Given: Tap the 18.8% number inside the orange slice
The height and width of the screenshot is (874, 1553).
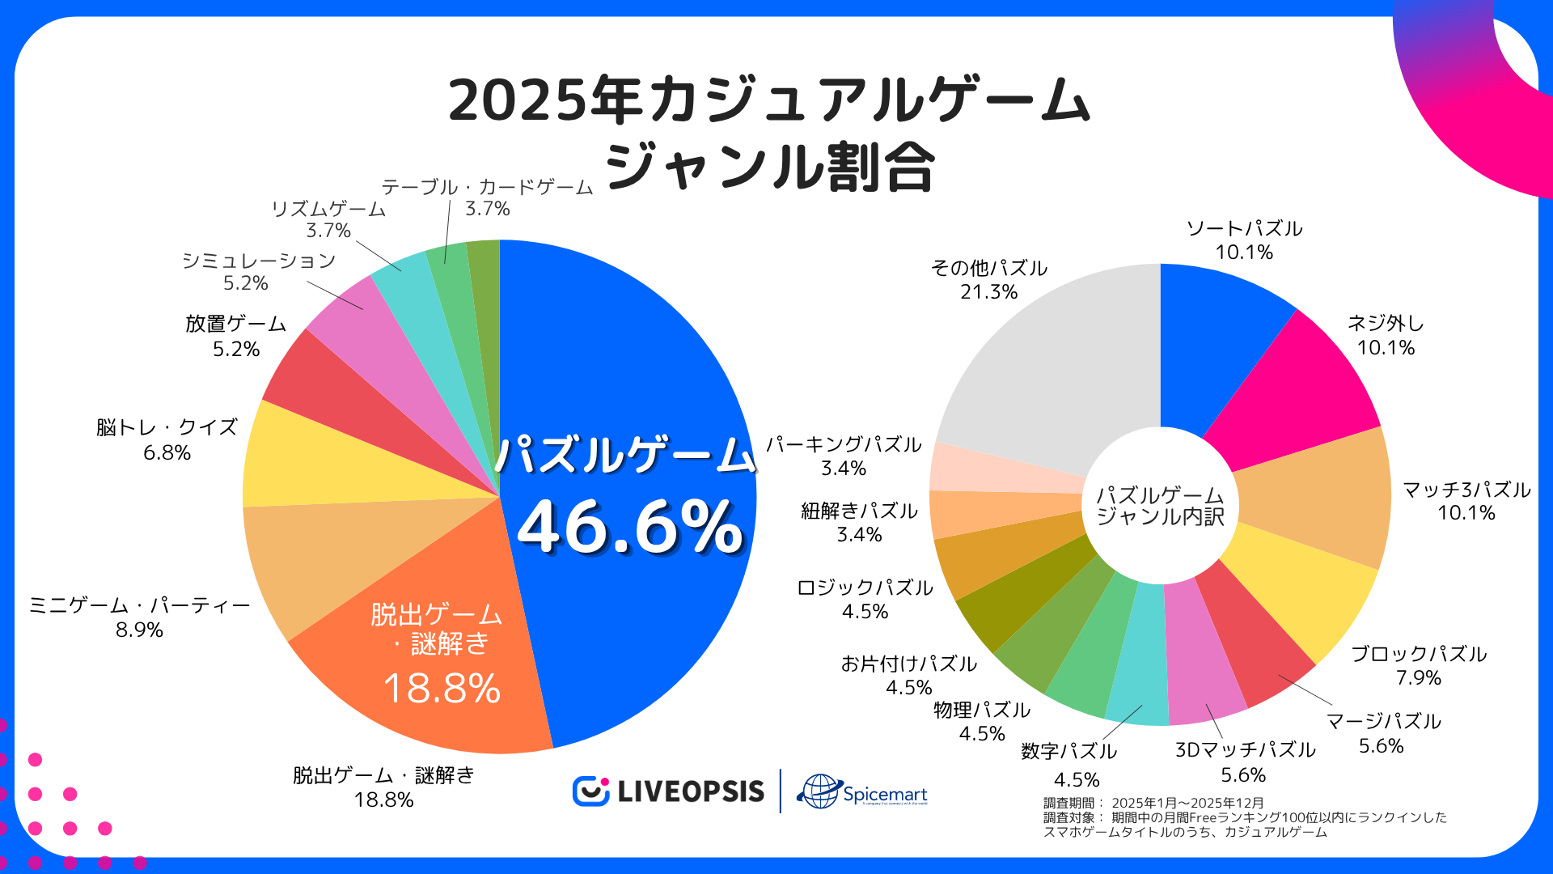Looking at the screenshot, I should [442, 689].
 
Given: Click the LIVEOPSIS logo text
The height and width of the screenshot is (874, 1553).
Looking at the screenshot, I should [690, 791].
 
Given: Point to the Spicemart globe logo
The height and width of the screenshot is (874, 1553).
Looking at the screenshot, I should [819, 791].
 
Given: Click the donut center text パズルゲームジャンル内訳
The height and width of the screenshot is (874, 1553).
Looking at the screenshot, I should [1160, 506].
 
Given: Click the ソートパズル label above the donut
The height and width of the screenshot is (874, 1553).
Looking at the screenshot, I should [1244, 228].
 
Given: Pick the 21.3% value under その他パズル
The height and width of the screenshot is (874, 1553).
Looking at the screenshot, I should [988, 292].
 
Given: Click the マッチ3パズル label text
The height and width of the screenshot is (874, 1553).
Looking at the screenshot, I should [1466, 490].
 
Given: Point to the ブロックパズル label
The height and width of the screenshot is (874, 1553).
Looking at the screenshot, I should [1419, 654].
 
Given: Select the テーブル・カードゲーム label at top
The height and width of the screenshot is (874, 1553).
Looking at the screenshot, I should [487, 187].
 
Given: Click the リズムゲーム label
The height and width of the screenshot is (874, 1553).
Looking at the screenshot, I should [328, 209].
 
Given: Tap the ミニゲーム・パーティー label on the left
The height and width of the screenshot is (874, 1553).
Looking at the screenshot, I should [139, 605].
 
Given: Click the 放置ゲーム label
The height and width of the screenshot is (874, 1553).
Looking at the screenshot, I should [235, 324].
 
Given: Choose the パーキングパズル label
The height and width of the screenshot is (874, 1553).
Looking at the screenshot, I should [844, 444].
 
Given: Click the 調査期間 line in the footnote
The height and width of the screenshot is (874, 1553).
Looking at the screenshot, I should [1153, 803].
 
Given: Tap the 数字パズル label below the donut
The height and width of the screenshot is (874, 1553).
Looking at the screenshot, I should [1068, 751].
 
